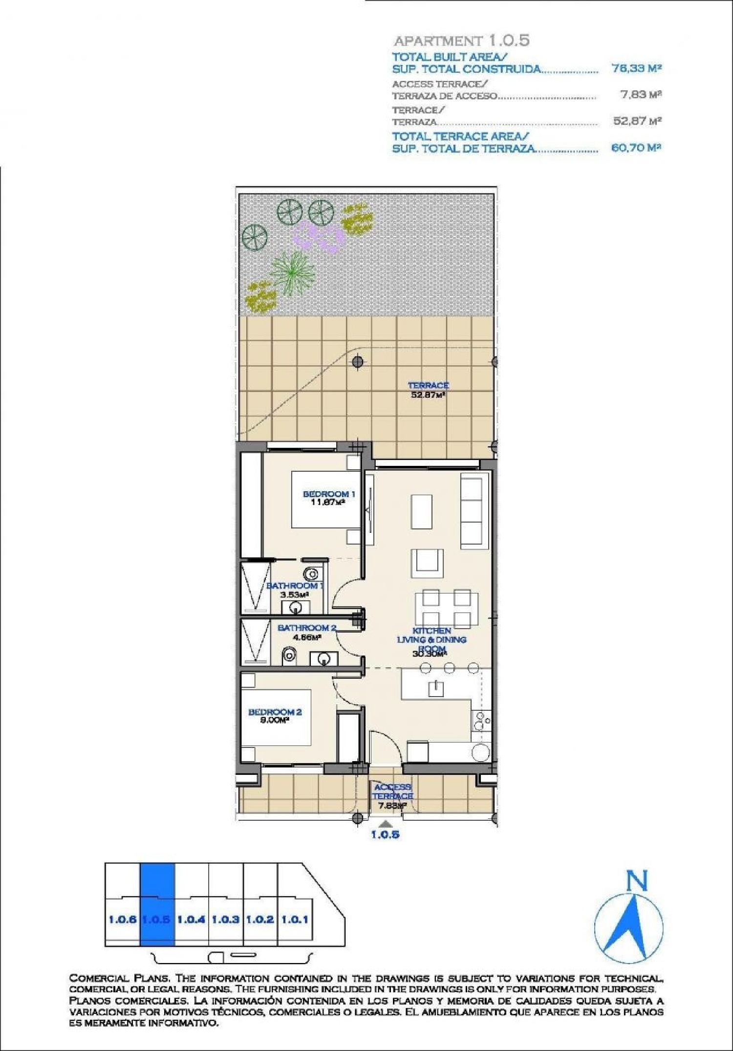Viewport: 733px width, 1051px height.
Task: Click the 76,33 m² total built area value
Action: (x=636, y=68)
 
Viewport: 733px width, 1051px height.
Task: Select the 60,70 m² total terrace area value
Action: (x=636, y=148)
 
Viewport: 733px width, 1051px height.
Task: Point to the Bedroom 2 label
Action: (x=275, y=716)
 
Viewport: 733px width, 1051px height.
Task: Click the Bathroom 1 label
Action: (x=294, y=590)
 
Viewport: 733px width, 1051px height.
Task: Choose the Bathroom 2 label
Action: (x=306, y=632)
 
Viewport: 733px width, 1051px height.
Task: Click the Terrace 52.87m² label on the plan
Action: (x=428, y=390)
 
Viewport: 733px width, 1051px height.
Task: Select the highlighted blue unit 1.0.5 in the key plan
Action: (x=157, y=919)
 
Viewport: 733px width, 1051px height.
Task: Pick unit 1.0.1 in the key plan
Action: (x=295, y=919)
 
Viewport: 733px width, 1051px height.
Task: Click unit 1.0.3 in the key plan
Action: (x=225, y=919)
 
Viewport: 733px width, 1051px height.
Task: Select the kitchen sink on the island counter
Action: (x=435, y=689)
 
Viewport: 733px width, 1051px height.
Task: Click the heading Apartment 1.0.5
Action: (x=462, y=41)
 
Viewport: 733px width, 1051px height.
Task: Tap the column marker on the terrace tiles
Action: (x=358, y=362)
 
